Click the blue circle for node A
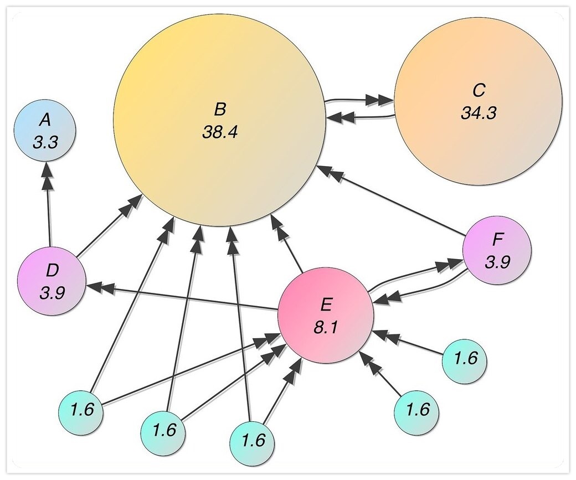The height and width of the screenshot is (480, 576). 45,131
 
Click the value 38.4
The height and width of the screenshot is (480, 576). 219,133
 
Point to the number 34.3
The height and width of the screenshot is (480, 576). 478,113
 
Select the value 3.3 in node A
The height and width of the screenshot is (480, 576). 45,143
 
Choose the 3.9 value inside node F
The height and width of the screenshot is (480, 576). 497,262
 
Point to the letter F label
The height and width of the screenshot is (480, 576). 497,241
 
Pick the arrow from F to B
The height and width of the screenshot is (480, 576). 393,202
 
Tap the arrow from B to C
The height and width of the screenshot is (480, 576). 360,101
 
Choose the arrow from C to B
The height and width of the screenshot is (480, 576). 360,117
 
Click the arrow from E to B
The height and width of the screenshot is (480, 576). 289,244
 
